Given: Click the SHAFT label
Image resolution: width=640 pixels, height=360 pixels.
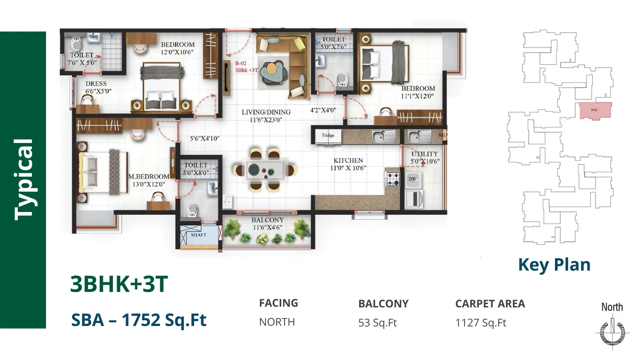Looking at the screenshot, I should coord(199,235).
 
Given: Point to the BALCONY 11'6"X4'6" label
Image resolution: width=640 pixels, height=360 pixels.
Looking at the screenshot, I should coord(267,224).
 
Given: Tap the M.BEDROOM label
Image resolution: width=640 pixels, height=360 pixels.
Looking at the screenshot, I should coord(149,180).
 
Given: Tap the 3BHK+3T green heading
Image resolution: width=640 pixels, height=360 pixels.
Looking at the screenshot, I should coord(119,284).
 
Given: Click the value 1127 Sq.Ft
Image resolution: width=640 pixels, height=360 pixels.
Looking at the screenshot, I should coord(481,323).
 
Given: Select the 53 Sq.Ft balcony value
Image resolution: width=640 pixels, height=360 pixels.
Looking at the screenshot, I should coord(377,323).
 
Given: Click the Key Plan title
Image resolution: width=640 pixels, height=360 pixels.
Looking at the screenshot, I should coord(554,265).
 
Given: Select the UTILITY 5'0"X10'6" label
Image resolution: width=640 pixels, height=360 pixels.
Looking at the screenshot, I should coord(425,158).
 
